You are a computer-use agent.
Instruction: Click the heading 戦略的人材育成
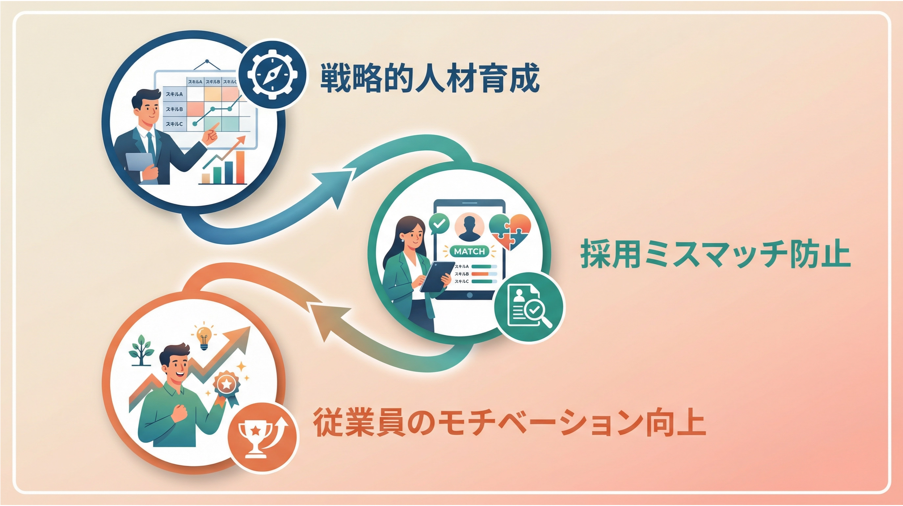pos(430,77)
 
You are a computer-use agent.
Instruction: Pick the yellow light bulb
pos(204,337)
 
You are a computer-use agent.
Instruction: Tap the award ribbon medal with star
pos(226,388)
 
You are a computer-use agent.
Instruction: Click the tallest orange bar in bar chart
pos(240,167)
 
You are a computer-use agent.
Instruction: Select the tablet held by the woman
pos(437,277)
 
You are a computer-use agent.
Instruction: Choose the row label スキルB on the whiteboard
pos(174,109)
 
